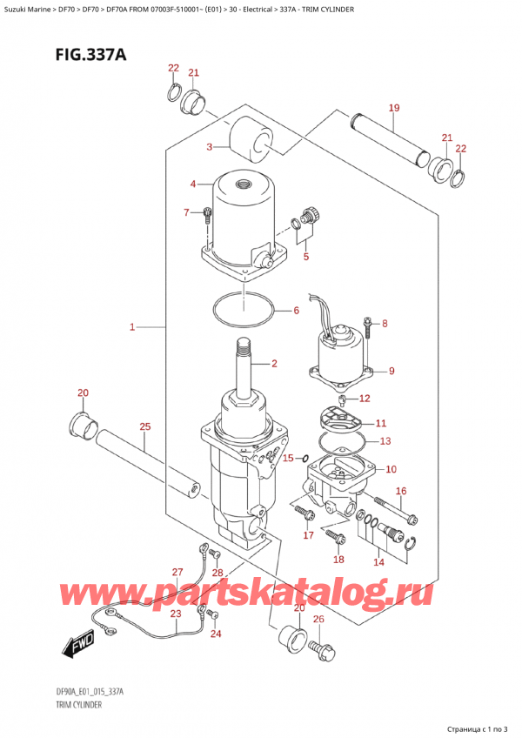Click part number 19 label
[x=393, y=108]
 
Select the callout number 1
[x=132, y=327]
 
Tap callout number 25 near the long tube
[x=144, y=426]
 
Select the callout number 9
[x=391, y=372]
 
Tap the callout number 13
[x=385, y=441]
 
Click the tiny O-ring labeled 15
[x=303, y=458]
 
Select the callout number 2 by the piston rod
[x=273, y=363]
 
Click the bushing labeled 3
[x=252, y=140]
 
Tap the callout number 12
[x=364, y=399]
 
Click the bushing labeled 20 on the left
[x=81, y=427]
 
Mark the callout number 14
[x=378, y=562]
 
